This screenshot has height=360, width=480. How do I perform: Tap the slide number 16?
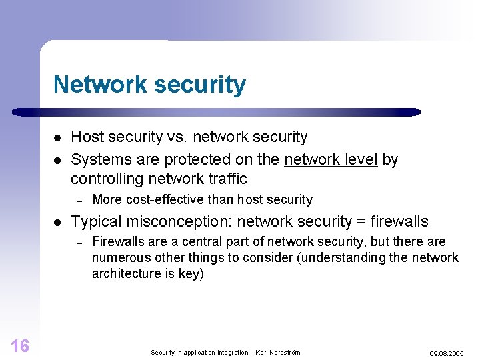20,345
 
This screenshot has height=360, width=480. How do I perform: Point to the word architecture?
123,273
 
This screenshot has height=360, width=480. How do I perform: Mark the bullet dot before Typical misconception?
58,222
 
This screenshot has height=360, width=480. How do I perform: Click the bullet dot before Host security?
58,138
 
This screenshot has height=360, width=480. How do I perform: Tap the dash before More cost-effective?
78,200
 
